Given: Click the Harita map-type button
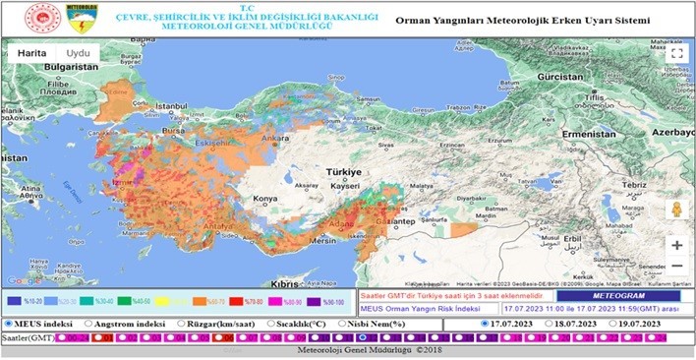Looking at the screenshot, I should click(x=29, y=53).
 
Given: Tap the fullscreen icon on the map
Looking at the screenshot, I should click(x=675, y=54).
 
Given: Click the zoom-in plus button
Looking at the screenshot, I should click(x=676, y=245).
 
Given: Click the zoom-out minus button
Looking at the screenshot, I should click(x=676, y=267).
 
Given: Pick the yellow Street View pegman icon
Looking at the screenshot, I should click(x=676, y=210).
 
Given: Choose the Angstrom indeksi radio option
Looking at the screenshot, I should click(x=88, y=323).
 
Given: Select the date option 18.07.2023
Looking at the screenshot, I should click(x=551, y=323).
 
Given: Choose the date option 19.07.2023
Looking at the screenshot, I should click(x=614, y=323).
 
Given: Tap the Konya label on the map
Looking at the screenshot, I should click(x=265, y=199).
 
